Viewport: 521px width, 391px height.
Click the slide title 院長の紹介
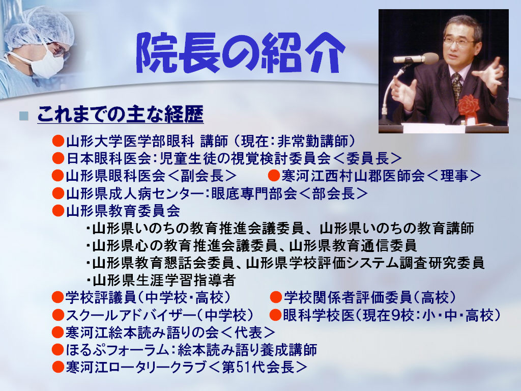pos(241,52)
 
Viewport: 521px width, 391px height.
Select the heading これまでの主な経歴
pos(120,114)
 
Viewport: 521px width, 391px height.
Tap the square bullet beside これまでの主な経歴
pos(23,116)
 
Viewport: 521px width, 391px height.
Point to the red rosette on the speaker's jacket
pos(469,106)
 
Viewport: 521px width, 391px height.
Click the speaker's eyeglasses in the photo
pos(460,42)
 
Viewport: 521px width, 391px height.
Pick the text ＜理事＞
pos(453,176)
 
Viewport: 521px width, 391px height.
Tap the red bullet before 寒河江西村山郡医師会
pos(274,175)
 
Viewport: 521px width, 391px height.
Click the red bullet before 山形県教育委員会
pos(58,210)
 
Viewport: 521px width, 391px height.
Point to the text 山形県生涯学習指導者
pos(164,280)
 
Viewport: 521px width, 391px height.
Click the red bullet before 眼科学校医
pos(275,315)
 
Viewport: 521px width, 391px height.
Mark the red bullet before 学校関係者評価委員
pos(276,297)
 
